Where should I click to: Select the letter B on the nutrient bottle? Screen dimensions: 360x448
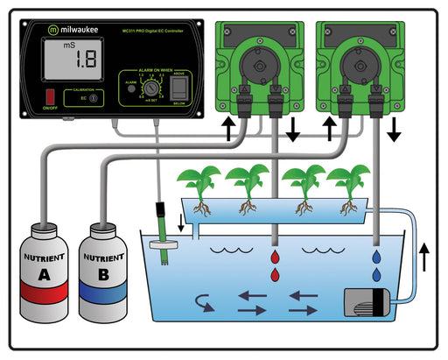(103, 279)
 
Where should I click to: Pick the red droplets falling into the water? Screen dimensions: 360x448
(276, 265)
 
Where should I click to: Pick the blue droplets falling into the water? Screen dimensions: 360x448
(375, 265)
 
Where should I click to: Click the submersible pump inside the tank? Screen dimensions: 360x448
(368, 303)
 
